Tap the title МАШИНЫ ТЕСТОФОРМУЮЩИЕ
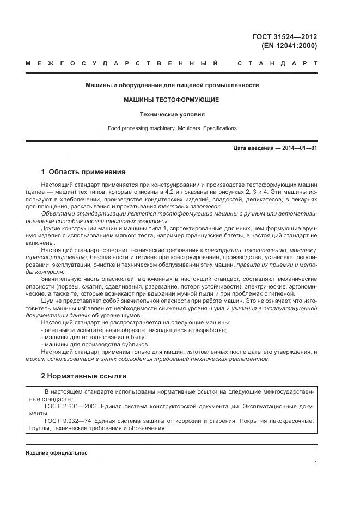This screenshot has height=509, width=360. (x=172, y=100)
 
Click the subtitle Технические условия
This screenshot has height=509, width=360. (x=172, y=114)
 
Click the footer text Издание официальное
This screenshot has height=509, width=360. (x=57, y=453)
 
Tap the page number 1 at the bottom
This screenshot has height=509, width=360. (x=315, y=463)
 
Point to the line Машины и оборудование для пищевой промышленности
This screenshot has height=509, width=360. (x=172, y=85)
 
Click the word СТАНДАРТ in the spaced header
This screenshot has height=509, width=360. (x=278, y=64)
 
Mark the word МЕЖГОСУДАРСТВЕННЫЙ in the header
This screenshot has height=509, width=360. (x=123, y=64)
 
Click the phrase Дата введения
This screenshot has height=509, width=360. (x=252, y=148)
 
